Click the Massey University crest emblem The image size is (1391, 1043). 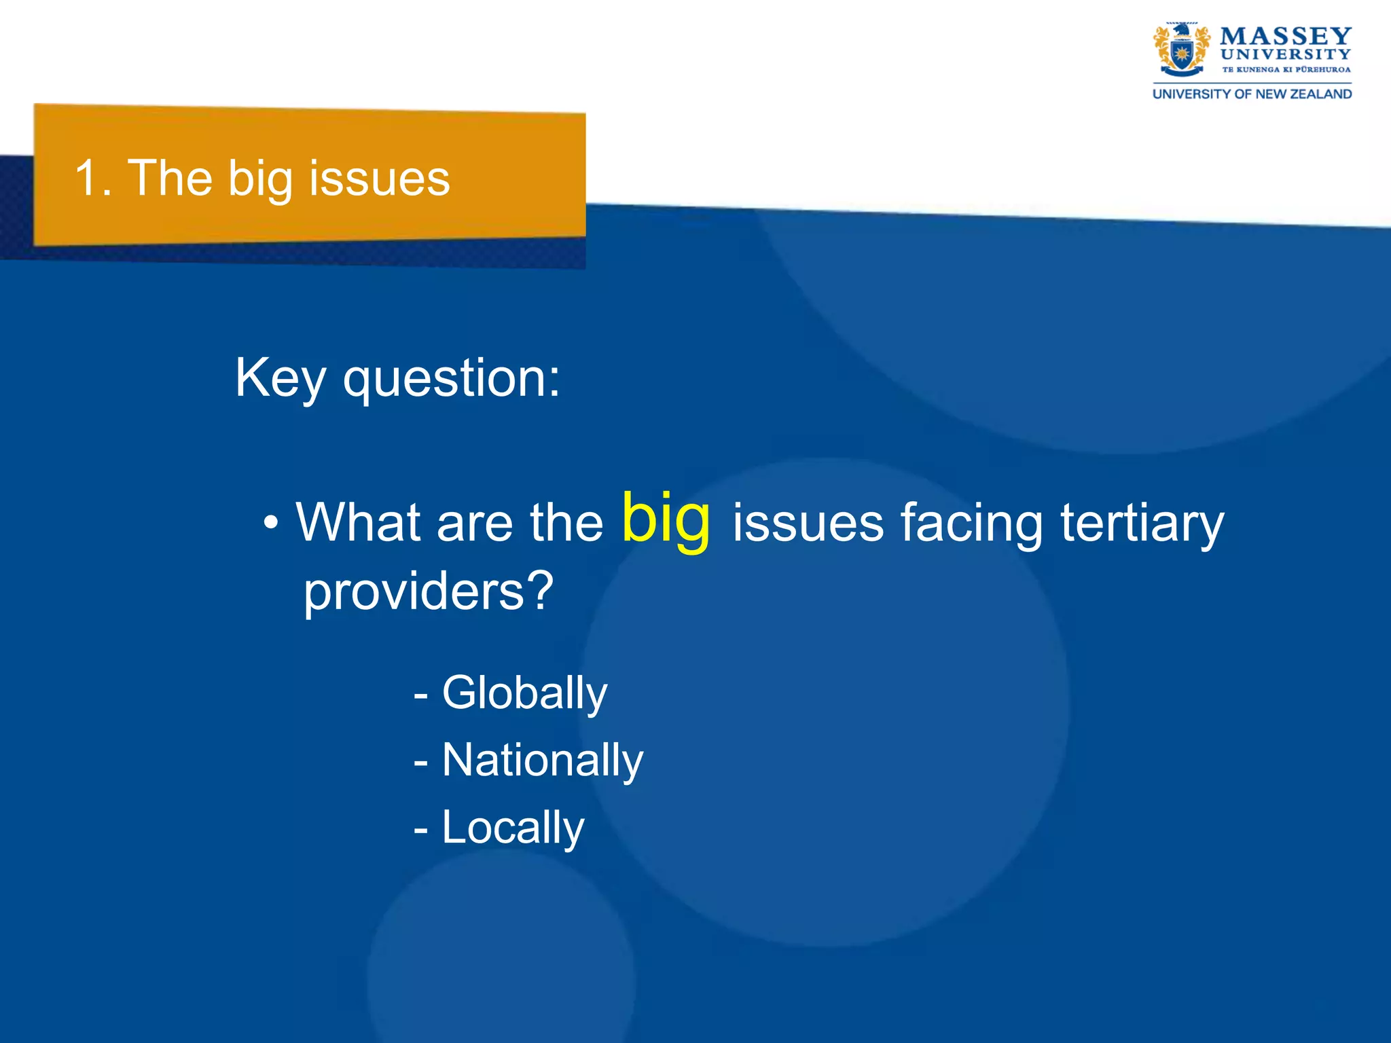pyautogui.click(x=1181, y=49)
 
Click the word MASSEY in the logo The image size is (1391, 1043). pyautogui.click(x=1285, y=36)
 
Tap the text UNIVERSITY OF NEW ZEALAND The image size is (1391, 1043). pyautogui.click(x=1252, y=94)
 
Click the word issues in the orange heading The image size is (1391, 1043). pyautogui.click(x=379, y=179)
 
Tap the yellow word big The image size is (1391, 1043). pyautogui.click(x=666, y=519)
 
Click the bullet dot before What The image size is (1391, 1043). pyautogui.click(x=271, y=524)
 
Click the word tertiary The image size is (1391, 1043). pyautogui.click(x=1142, y=524)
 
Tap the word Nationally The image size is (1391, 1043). pyautogui.click(x=542, y=761)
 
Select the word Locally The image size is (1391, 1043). pyautogui.click(x=513, y=828)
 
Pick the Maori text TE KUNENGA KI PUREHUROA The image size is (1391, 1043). pyautogui.click(x=1286, y=69)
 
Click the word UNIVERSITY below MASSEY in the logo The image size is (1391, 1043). pyautogui.click(x=1285, y=54)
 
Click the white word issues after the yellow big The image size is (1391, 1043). pyautogui.click(x=808, y=524)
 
